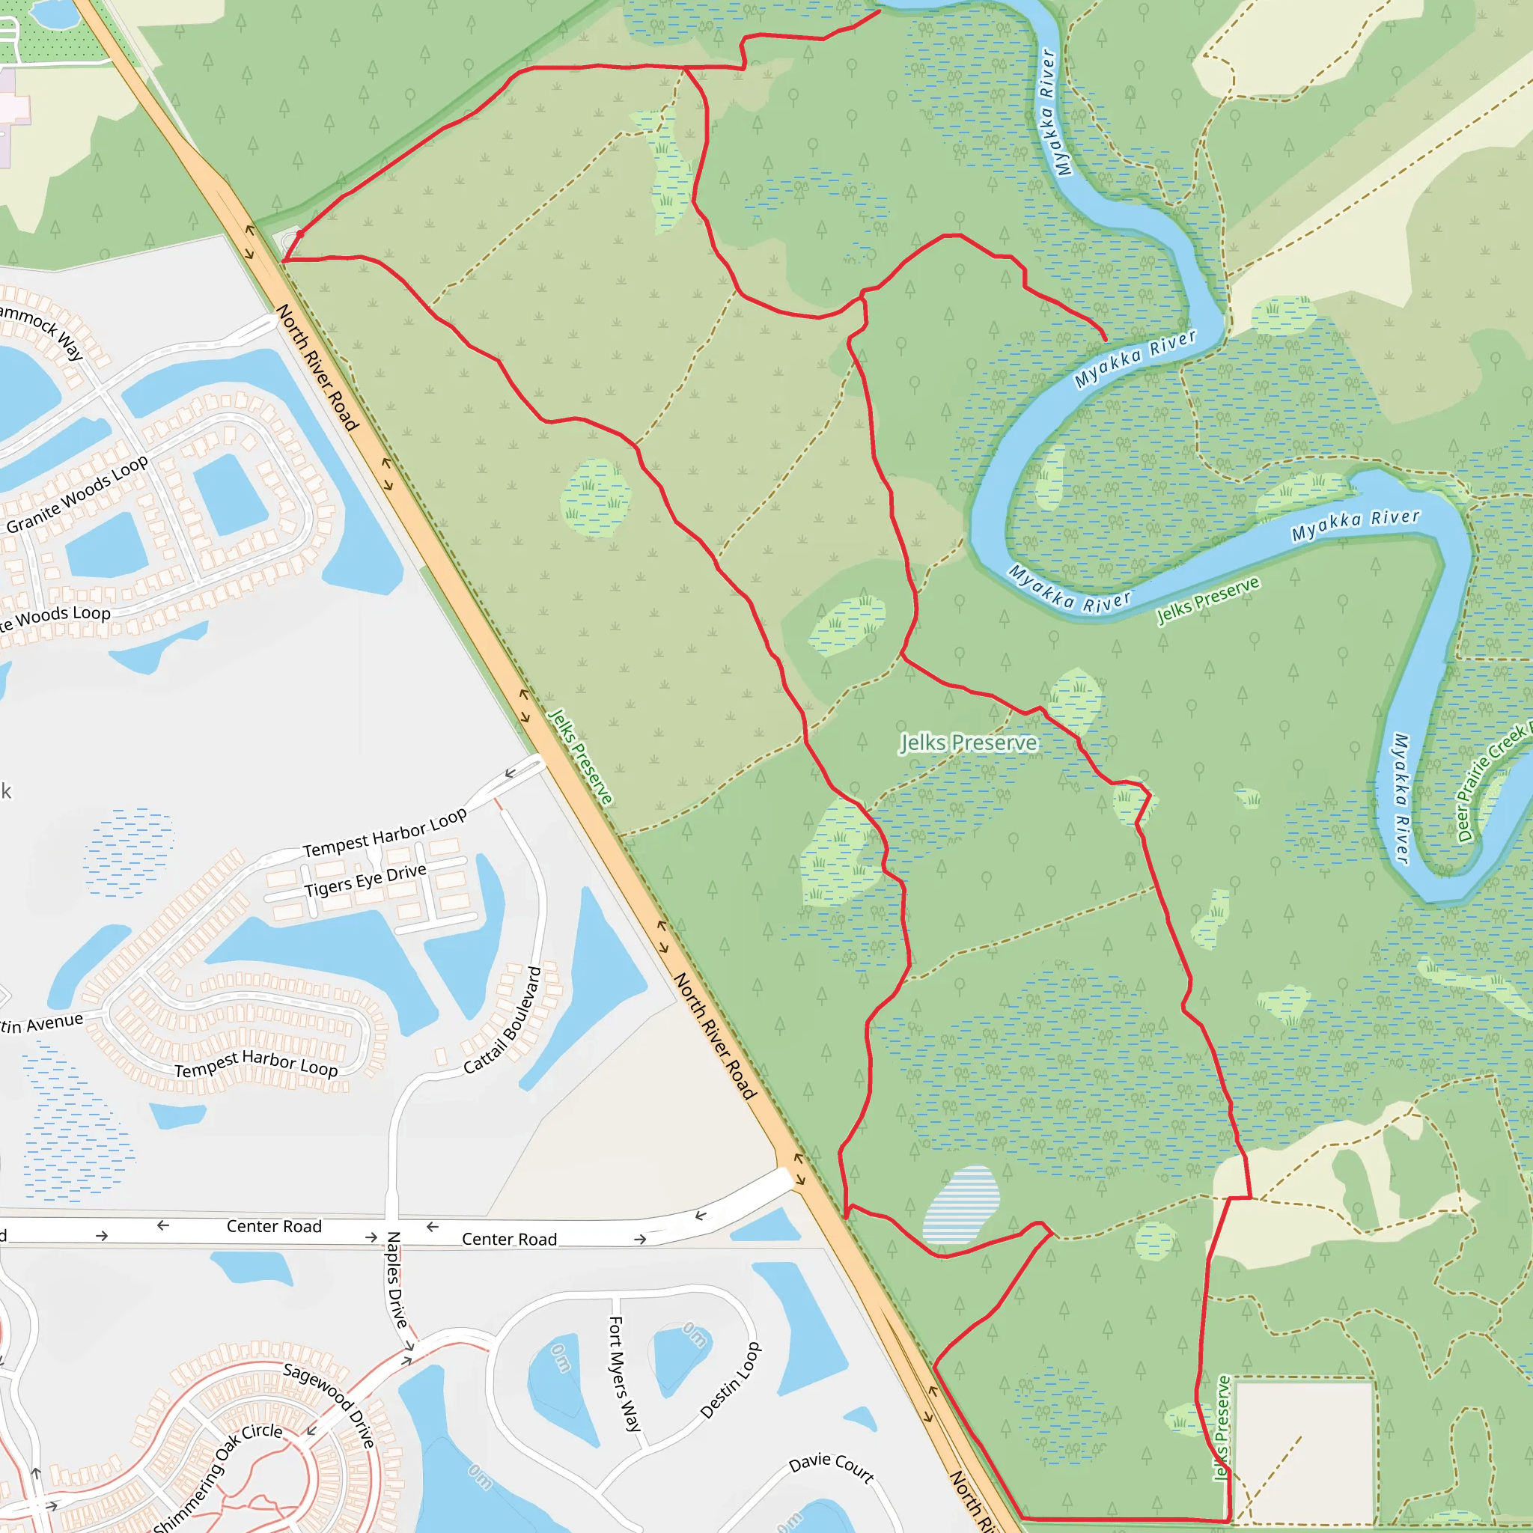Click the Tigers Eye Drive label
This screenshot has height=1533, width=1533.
[x=365, y=881]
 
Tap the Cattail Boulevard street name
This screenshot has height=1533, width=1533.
[x=503, y=1020]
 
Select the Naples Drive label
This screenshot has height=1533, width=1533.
[x=397, y=1279]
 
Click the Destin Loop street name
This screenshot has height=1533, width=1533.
[x=731, y=1380]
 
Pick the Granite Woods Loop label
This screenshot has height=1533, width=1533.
[x=77, y=493]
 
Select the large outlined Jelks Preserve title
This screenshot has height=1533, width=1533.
[x=968, y=743]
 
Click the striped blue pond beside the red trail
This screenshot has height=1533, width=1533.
[x=961, y=1204]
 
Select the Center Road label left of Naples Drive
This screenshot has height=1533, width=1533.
[x=274, y=1227]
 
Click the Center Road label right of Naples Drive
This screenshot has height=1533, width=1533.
[x=510, y=1240]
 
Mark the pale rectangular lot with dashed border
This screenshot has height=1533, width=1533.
[x=1305, y=1449]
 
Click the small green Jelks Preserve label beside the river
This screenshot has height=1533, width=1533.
[x=1207, y=599]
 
